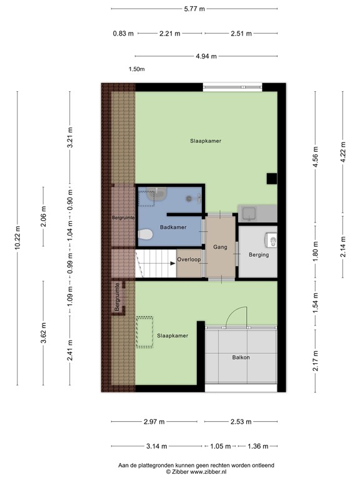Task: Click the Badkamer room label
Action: [172, 227]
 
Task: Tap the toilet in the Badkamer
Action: [145, 235]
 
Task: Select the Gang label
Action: [219, 247]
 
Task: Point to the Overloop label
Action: [188, 259]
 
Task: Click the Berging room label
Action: [258, 254]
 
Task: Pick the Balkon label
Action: [240, 357]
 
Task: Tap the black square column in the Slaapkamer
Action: [271, 179]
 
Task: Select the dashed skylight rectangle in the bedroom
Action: [145, 332]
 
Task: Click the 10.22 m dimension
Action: [17, 237]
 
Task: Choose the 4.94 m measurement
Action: [206, 56]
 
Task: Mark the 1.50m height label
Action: [136, 69]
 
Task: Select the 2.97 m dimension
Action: [154, 422]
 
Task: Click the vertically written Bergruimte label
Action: [117, 297]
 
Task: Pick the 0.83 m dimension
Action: [122, 33]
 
